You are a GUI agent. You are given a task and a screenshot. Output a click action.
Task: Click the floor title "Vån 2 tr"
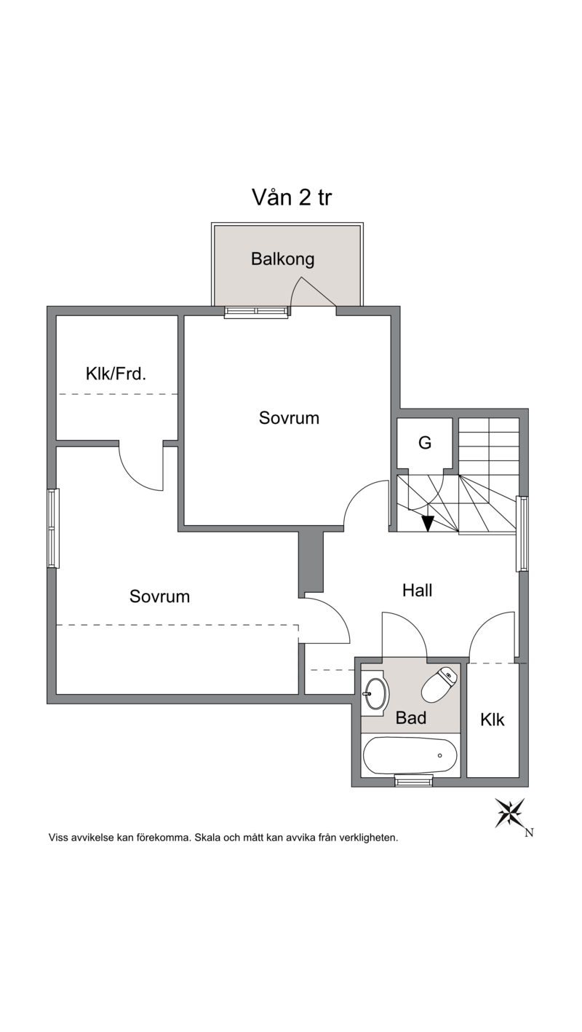click(x=292, y=197)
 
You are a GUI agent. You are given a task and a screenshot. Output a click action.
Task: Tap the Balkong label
click(x=282, y=259)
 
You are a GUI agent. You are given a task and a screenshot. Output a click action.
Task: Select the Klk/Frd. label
click(x=116, y=374)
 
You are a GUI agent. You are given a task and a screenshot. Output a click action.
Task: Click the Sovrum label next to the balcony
click(x=289, y=418)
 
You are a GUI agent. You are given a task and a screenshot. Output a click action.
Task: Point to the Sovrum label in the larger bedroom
click(x=159, y=596)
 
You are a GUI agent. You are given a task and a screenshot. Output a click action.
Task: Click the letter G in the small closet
click(x=425, y=443)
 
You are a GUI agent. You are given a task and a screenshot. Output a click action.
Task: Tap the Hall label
click(x=418, y=590)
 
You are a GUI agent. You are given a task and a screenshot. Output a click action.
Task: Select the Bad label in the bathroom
click(x=411, y=718)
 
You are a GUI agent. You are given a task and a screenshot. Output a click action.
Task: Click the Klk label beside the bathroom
click(x=493, y=720)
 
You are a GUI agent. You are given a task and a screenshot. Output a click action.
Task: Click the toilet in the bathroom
click(x=439, y=685)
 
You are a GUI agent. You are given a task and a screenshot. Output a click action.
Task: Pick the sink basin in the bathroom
click(x=375, y=694)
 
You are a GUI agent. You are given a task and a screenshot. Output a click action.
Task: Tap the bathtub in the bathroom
click(x=410, y=755)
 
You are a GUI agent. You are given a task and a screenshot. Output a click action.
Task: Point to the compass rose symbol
click(x=510, y=813)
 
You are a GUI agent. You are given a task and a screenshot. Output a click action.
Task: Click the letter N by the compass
click(x=530, y=833)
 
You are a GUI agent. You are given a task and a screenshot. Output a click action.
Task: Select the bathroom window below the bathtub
click(x=414, y=781)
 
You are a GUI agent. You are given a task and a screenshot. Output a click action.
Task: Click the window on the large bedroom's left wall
click(x=53, y=528)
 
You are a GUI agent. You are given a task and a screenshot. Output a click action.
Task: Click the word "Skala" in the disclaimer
click(x=207, y=838)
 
